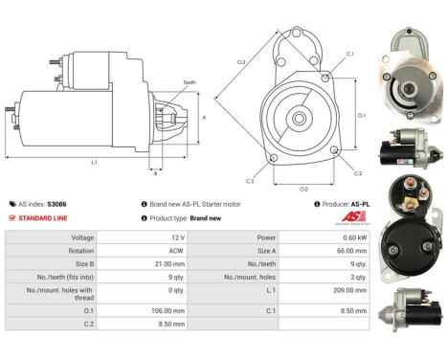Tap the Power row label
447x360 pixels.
pos(267,236)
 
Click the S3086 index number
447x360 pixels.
pos(57,204)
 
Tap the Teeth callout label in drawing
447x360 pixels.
pos(189,83)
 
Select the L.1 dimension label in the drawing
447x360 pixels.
pos(95,162)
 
